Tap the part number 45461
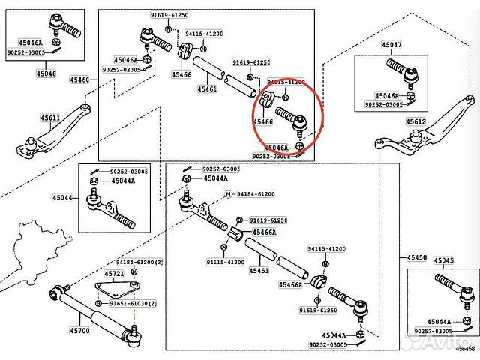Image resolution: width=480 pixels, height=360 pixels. (207, 89)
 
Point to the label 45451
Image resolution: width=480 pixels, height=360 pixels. (259, 270)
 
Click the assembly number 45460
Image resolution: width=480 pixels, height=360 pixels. (79, 79)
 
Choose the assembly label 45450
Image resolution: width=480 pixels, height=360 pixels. (416, 257)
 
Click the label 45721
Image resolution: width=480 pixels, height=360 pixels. (114, 274)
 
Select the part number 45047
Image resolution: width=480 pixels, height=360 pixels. (391, 46)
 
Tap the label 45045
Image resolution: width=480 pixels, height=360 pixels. (444, 260)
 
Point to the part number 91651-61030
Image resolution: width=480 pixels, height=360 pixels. (134, 303)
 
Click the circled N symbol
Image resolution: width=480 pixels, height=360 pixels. (223, 194)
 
